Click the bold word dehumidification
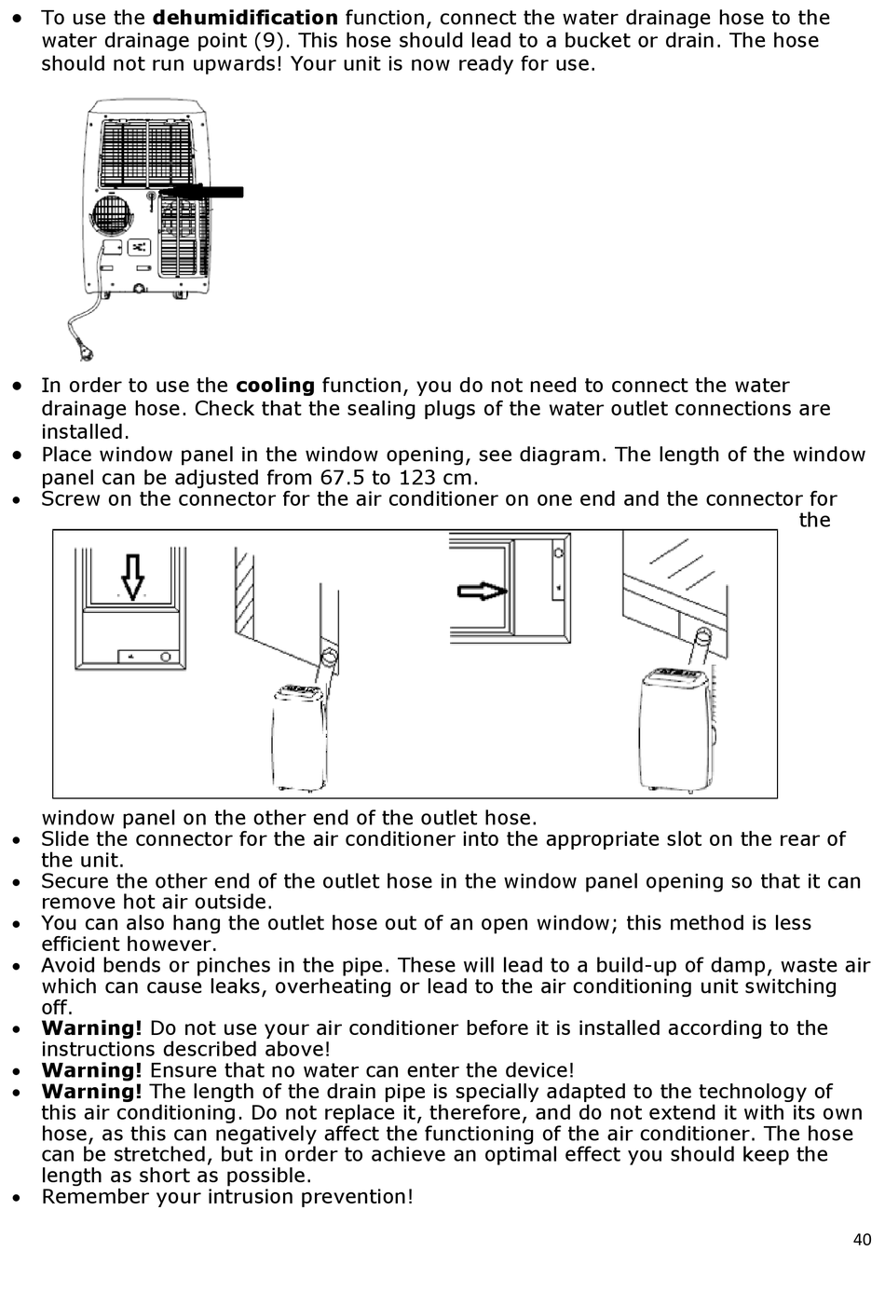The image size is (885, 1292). point(245,18)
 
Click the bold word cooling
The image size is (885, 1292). point(275,386)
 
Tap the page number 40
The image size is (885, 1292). point(861,1240)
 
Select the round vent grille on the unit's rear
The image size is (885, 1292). point(112,219)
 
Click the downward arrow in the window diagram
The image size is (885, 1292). point(133,576)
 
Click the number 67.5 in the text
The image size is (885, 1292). point(341,478)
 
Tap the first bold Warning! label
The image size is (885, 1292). point(91,1028)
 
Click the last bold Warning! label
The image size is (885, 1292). point(91,1092)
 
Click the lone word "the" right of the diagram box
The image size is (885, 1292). point(813,520)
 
